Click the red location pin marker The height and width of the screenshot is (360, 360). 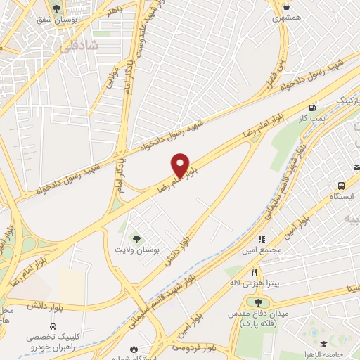181,165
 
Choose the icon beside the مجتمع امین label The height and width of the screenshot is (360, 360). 262,240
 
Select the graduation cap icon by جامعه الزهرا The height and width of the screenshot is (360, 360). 323,344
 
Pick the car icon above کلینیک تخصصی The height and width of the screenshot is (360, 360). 53,327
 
